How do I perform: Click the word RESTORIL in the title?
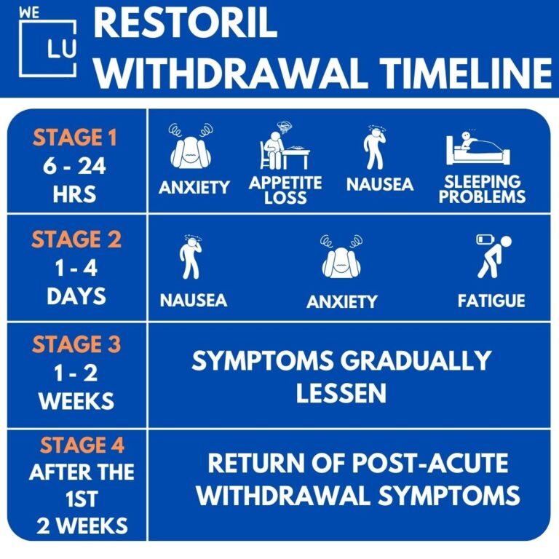[186, 25]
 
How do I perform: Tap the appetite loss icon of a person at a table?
[284, 148]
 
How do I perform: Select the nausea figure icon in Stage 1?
[376, 149]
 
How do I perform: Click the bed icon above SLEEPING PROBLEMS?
[477, 149]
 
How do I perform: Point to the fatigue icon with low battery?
[493, 256]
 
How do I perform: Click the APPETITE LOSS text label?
[285, 190]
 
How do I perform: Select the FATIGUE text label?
[491, 300]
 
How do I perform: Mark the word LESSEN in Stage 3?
[341, 393]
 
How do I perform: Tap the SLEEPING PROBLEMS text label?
[482, 189]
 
